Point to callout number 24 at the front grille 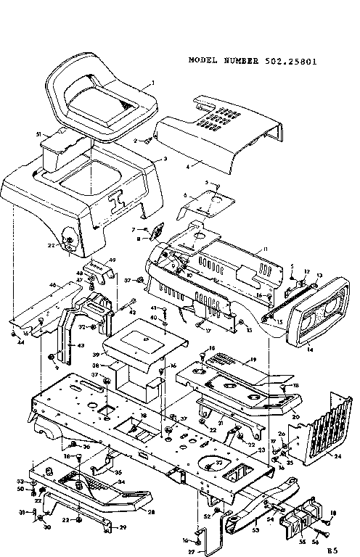pyautogui.click(x=337, y=457)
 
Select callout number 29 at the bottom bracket pyautogui.click(x=123, y=526)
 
